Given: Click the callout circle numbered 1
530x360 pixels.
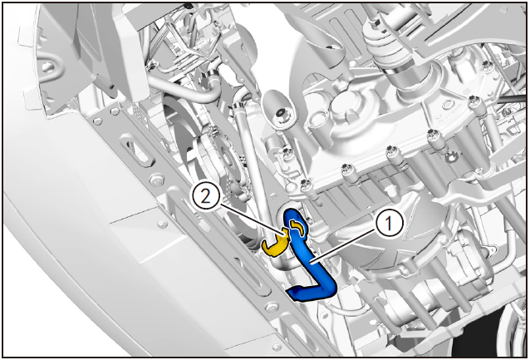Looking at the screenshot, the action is coord(390,224).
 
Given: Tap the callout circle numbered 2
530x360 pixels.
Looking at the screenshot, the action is coord(206,196).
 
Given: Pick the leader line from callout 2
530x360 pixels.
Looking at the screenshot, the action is coord(251,218).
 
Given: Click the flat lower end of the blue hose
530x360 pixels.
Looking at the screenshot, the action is coord(299,293).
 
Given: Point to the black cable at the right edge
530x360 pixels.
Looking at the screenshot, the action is coord(512,99).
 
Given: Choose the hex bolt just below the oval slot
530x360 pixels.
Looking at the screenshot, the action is coord(156,180).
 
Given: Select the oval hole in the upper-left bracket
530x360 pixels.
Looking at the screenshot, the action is coord(47,67).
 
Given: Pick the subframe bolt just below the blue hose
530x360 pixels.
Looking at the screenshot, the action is coord(272,308).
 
